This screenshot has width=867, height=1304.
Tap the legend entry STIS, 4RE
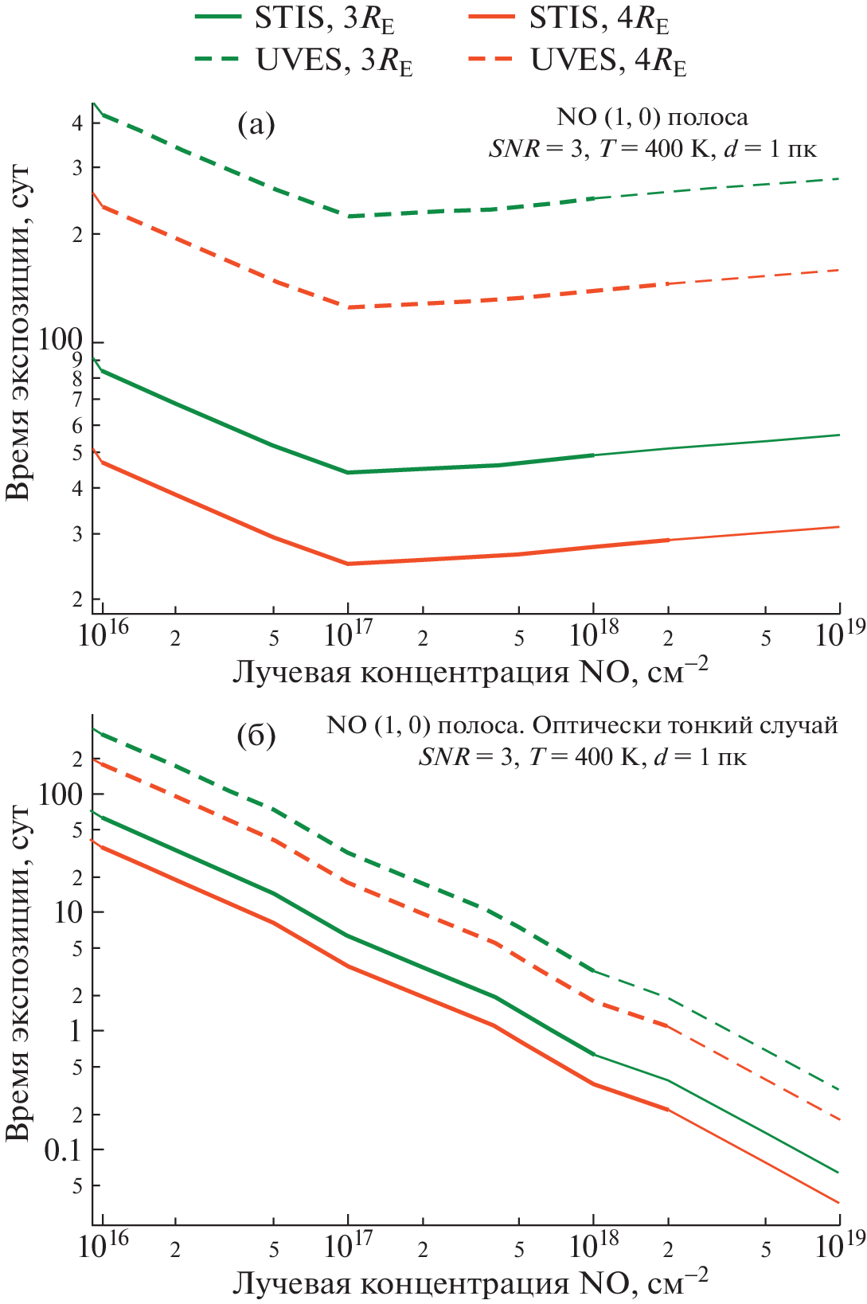point(569,19)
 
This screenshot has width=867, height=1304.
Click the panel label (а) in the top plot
point(256,125)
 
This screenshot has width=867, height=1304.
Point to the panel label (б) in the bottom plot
point(256,736)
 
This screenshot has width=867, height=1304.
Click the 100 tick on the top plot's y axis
point(61,342)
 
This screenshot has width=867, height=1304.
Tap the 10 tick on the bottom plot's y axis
point(68,912)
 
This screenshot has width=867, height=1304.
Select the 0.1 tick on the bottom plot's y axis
point(64,1150)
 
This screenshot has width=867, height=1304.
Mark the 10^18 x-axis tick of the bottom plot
point(593,1245)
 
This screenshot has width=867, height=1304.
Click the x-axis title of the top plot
point(470,673)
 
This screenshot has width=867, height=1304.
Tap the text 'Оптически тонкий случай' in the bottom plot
point(685,726)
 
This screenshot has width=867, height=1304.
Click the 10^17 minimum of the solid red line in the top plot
point(348,564)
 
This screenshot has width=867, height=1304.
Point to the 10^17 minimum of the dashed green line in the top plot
point(348,217)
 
